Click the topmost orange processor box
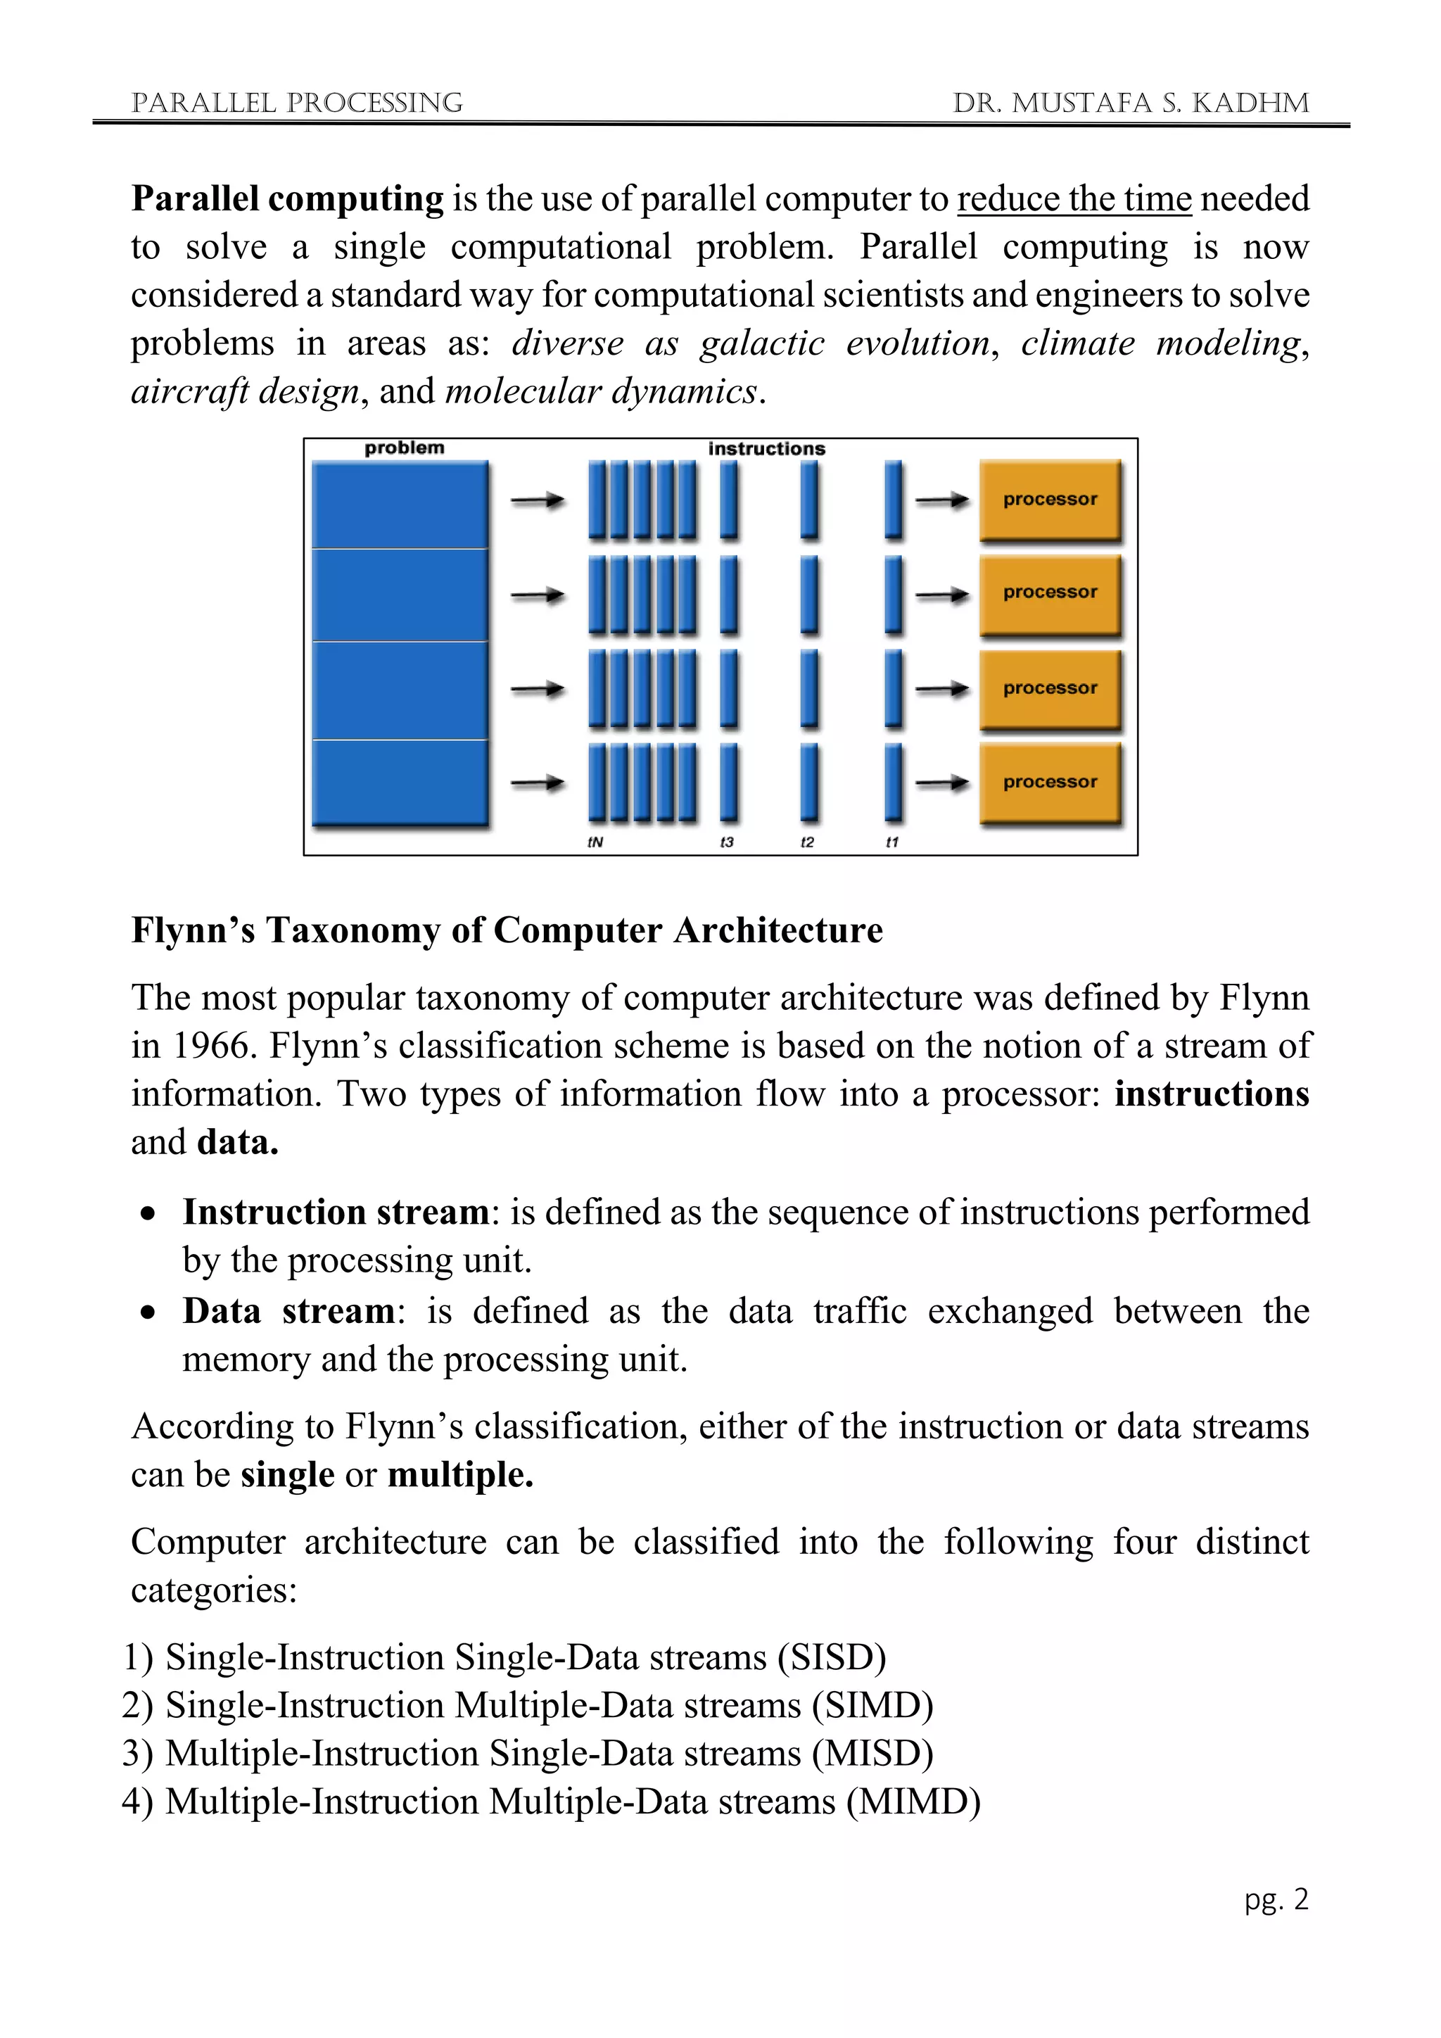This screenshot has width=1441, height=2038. (x=1050, y=500)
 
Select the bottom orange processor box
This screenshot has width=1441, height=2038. (x=1050, y=782)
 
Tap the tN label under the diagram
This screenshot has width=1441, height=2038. (x=595, y=842)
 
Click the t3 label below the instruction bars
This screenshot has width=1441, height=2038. (x=727, y=842)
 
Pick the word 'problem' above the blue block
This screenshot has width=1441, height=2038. (x=404, y=448)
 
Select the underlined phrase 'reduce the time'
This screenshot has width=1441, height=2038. (x=1074, y=199)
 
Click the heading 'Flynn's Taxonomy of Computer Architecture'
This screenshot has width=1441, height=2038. (x=507, y=930)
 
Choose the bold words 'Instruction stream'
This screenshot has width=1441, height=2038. (x=336, y=1213)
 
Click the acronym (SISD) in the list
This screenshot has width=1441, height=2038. (x=832, y=1657)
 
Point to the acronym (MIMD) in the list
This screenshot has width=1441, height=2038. (x=913, y=1801)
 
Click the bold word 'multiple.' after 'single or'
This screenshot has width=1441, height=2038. (x=461, y=1474)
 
